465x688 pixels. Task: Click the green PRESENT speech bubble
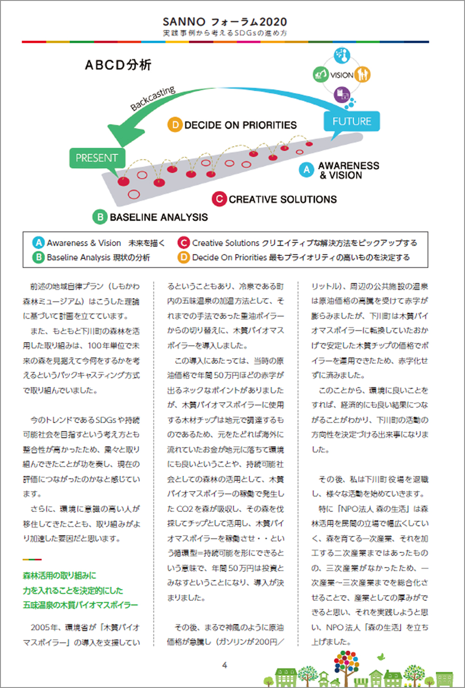(97, 158)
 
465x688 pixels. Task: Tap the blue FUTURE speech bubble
(352, 122)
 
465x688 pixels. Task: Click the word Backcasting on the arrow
(153, 98)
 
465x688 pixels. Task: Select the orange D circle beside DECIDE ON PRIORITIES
(175, 125)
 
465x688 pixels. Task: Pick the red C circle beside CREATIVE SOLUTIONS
(219, 199)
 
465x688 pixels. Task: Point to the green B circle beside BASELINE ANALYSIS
(100, 217)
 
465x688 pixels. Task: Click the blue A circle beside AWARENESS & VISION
(306, 170)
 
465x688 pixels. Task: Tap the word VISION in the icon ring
(342, 75)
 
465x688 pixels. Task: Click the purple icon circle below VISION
(342, 94)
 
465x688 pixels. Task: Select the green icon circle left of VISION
(320, 74)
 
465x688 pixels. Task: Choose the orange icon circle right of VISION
(363, 74)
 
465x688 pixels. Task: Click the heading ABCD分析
(118, 65)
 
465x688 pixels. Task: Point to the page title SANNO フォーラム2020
(225, 21)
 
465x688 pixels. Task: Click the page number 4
(225, 665)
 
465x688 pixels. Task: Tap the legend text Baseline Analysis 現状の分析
(98, 257)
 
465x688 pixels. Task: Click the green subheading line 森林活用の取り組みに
(60, 576)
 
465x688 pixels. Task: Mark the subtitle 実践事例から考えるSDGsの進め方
(225, 33)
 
